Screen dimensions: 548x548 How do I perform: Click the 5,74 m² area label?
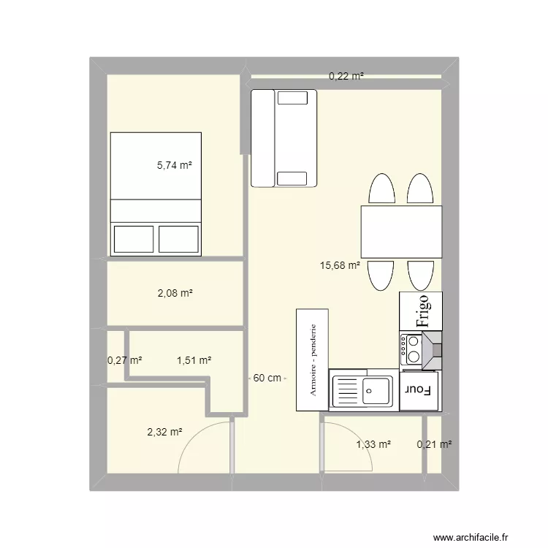175,165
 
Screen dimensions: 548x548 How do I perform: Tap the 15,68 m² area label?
340,265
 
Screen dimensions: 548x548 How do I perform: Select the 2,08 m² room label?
175,293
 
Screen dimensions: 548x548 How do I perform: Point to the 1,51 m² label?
194,360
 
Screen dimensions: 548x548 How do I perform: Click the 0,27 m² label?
124,360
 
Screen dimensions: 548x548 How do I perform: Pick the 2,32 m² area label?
164,432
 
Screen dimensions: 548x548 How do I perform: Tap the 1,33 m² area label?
373,444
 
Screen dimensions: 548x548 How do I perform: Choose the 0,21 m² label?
434,444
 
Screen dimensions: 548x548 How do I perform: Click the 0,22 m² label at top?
346,76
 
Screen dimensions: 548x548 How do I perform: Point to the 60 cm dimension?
267,378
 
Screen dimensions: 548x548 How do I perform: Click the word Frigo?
423,311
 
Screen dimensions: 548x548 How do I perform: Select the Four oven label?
418,390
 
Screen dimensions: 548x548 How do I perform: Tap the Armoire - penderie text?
313,360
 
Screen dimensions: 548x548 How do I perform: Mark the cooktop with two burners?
411,349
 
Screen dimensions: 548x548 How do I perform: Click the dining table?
402,232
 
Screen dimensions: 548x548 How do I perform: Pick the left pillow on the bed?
134,239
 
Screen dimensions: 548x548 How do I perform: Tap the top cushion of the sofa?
292,97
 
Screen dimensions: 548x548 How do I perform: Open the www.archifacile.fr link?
471,537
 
